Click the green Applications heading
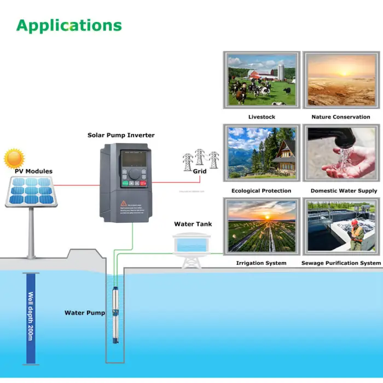tap(69, 25)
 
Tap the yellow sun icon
tap(14, 159)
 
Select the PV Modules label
tap(33, 171)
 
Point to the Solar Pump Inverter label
tap(121, 135)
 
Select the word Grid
tap(200, 171)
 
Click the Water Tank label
tap(193, 224)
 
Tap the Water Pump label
tap(85, 313)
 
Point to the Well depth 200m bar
tap(31, 318)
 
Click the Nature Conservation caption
tap(340, 117)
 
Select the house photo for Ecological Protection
tap(262, 153)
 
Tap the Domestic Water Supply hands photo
tap(341, 153)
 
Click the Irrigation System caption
tap(261, 263)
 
